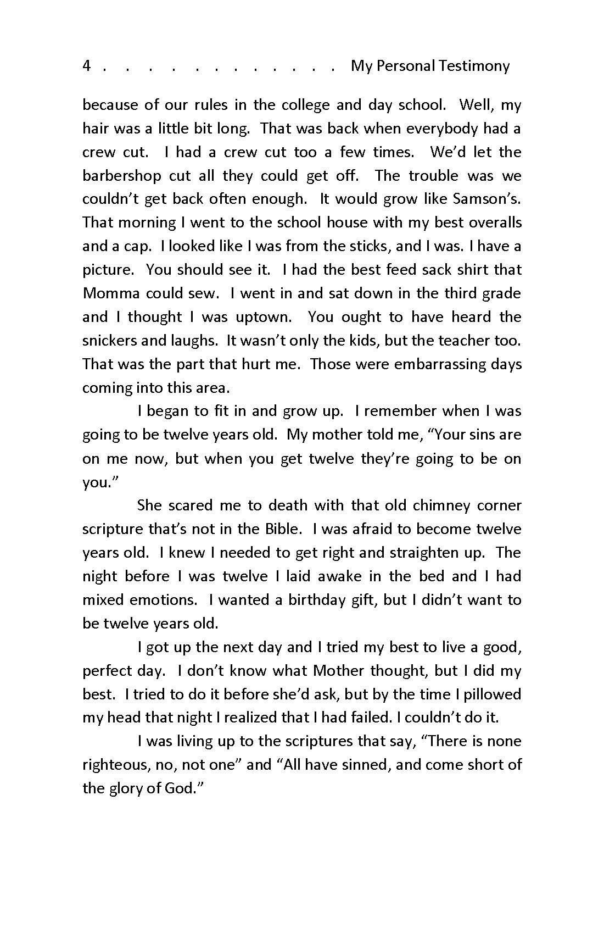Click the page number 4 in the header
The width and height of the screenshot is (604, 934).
(86, 66)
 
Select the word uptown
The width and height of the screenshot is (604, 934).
(266, 317)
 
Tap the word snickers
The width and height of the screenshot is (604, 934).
(109, 341)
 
